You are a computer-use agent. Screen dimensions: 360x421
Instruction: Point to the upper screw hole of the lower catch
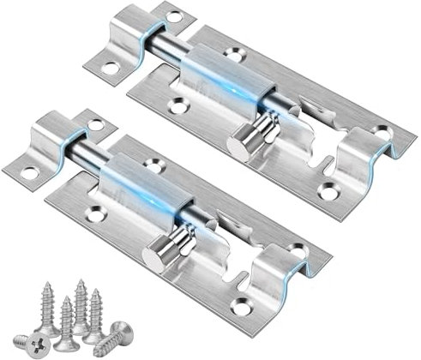click(x=95, y=125)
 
